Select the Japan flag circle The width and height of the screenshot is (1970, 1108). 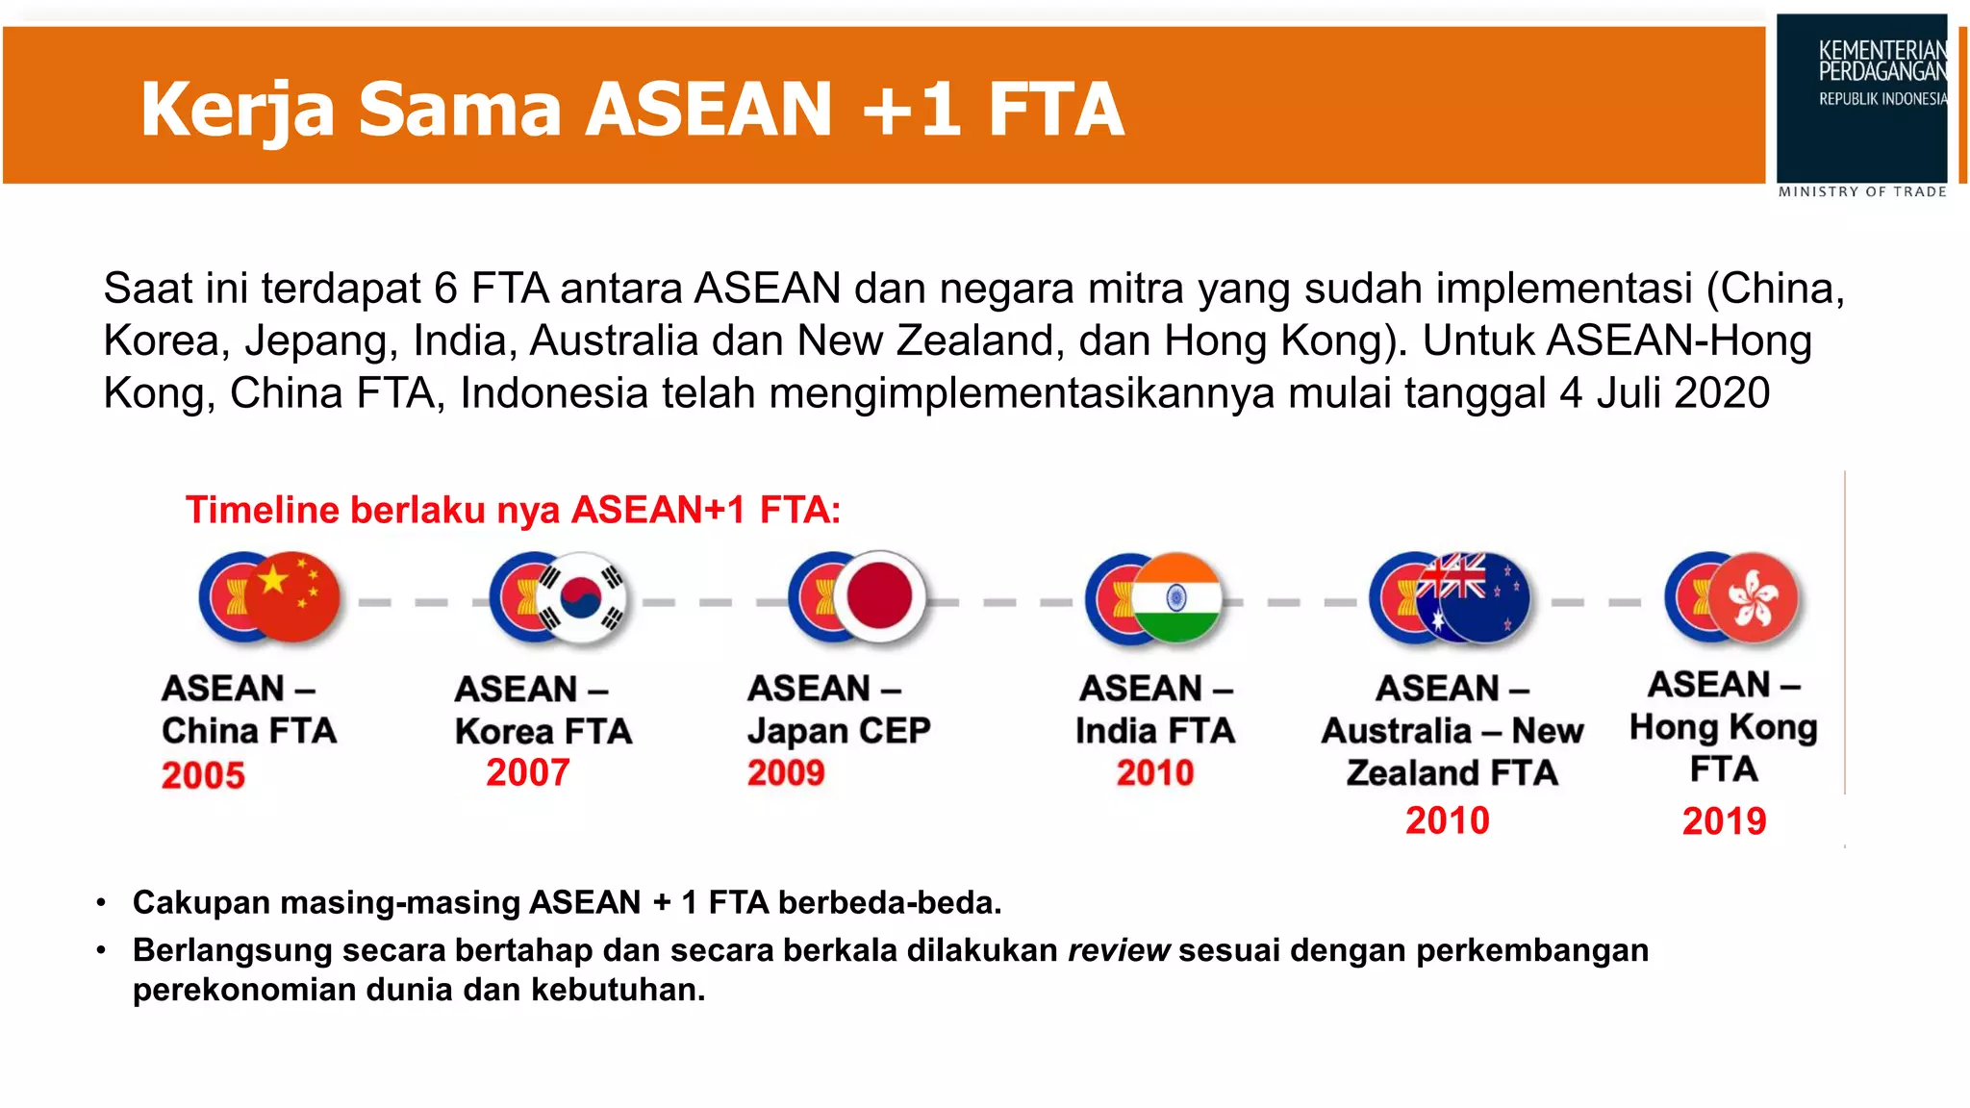(878, 596)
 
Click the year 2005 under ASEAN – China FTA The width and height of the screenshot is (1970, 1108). (203, 775)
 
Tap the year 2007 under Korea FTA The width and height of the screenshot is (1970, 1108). (528, 772)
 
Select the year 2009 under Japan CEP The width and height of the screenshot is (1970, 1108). (786, 772)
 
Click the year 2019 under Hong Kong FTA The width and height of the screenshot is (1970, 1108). (1724, 821)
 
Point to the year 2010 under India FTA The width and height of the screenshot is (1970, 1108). (1154, 772)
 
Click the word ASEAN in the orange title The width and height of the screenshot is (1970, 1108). (709, 109)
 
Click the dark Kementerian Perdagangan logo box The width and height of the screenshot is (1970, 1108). (1861, 97)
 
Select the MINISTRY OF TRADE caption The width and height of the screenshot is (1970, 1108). (1862, 192)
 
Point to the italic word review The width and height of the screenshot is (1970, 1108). (1119, 950)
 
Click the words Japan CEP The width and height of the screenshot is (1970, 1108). (839, 731)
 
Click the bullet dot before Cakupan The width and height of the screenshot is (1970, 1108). (102, 903)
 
